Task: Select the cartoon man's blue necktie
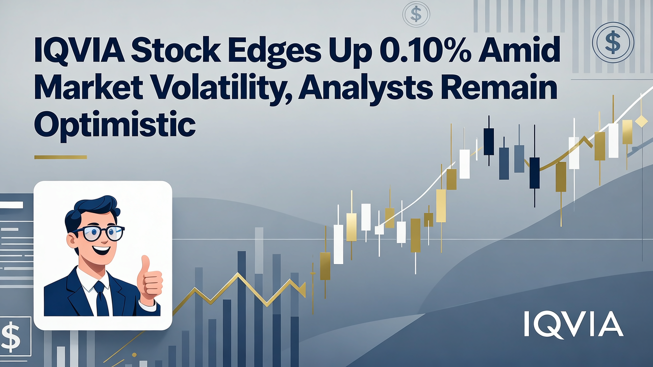101,298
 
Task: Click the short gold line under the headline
60,157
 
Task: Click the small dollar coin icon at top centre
416,14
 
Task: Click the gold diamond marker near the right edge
641,121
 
